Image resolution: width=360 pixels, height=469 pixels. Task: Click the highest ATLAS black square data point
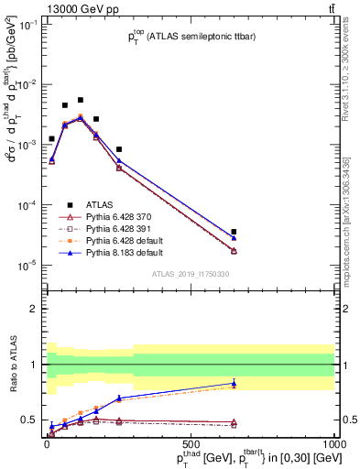click(81, 100)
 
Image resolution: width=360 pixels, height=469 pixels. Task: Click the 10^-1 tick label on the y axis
click(27, 25)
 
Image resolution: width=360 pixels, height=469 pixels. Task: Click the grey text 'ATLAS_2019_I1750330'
click(190, 274)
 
